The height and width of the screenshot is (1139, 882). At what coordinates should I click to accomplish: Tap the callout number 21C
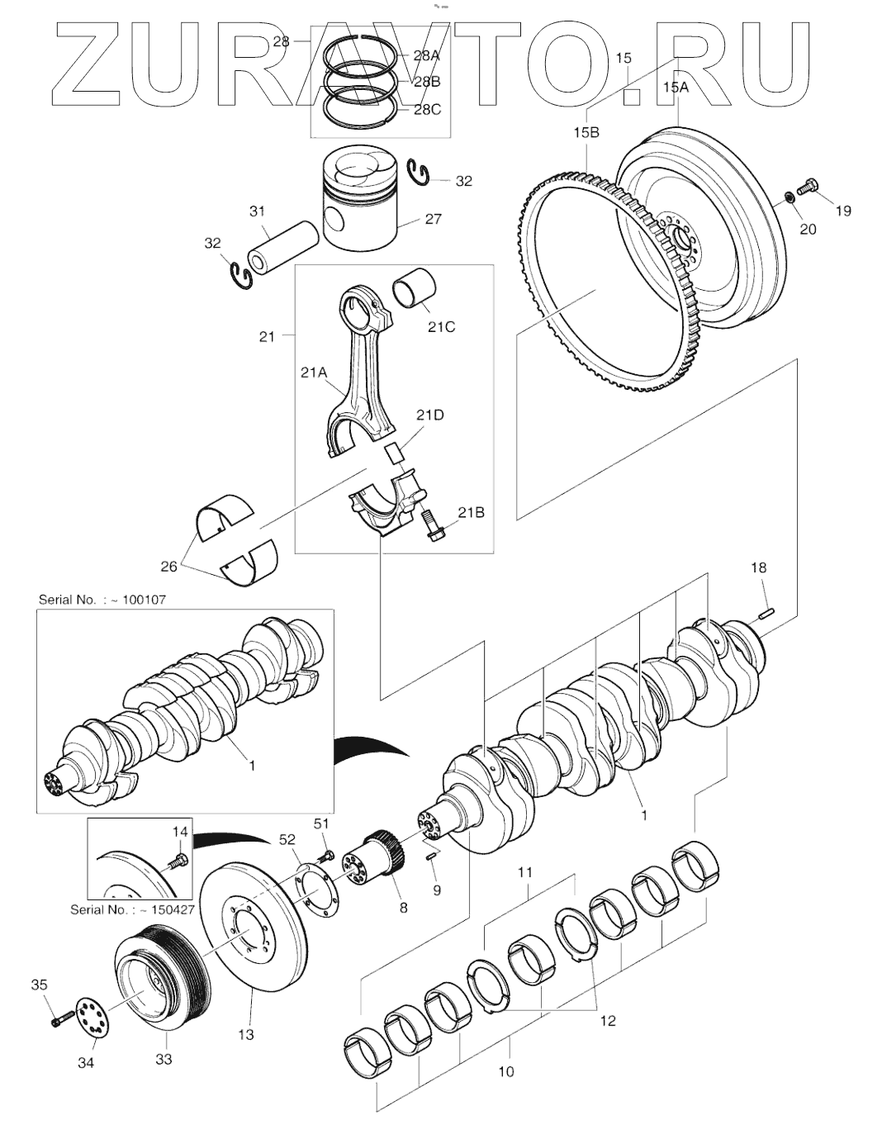[441, 326]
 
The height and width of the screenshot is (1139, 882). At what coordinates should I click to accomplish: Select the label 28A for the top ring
[427, 56]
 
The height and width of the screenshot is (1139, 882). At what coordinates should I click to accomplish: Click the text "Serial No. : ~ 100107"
[102, 600]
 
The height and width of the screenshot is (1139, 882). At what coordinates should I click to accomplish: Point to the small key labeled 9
[431, 857]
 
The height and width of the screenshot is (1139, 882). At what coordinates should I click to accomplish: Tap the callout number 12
[608, 1020]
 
